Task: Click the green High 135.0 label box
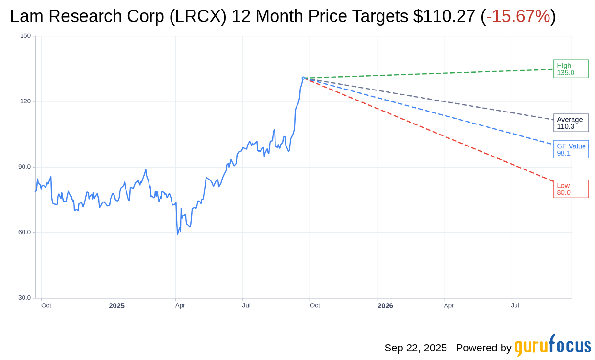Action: click(571, 69)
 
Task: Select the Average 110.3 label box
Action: click(571, 123)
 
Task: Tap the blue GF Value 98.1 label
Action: click(571, 149)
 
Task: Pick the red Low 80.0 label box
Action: click(571, 189)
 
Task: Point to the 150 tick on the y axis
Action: click(25, 36)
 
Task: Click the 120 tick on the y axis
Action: click(25, 101)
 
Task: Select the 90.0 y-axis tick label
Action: click(24, 167)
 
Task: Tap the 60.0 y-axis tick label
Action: click(24, 232)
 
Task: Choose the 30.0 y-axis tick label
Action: click(24, 298)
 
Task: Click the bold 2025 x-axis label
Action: click(116, 305)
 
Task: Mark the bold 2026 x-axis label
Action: click(385, 305)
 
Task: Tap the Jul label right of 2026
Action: click(515, 305)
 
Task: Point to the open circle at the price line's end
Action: click(303, 78)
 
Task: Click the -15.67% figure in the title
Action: click(518, 16)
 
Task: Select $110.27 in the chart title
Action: click(444, 16)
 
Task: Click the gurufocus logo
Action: click(552, 346)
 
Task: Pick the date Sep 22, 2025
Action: click(415, 348)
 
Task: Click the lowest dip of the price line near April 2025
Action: click(177, 234)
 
